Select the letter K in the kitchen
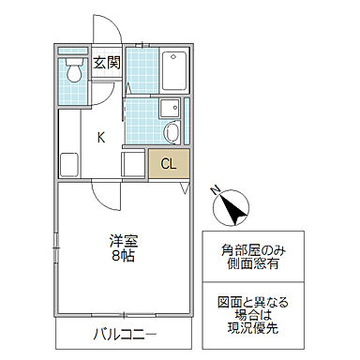click(100, 138)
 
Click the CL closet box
click(169, 164)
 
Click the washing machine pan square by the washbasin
click(168, 106)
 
